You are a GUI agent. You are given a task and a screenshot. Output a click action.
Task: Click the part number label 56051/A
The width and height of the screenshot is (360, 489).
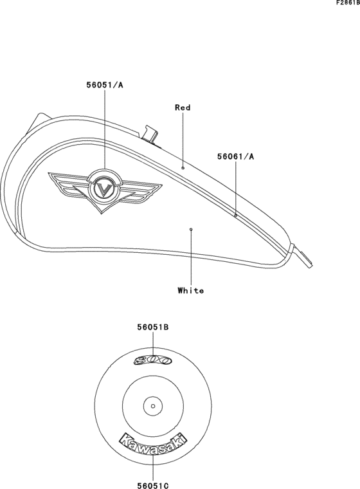[104, 84]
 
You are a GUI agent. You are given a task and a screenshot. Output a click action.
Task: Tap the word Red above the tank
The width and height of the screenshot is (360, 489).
[183, 107]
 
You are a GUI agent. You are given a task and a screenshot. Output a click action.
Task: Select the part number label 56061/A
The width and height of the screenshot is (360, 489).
[235, 156]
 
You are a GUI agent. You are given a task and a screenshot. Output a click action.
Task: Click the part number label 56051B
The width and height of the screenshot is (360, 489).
[152, 328]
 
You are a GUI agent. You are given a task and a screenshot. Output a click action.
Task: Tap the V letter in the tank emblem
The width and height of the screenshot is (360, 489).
[105, 189]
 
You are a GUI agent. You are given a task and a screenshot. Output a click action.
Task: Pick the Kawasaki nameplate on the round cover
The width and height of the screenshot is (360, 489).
[153, 444]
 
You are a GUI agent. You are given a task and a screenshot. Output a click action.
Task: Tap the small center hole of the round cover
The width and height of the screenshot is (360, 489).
[152, 405]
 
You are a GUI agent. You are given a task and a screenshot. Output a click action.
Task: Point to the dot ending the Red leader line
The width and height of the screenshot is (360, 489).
[183, 167]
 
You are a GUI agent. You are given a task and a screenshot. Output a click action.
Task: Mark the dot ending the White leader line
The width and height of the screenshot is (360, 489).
[191, 228]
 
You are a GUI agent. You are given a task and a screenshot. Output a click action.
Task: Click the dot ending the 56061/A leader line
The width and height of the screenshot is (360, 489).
[235, 216]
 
